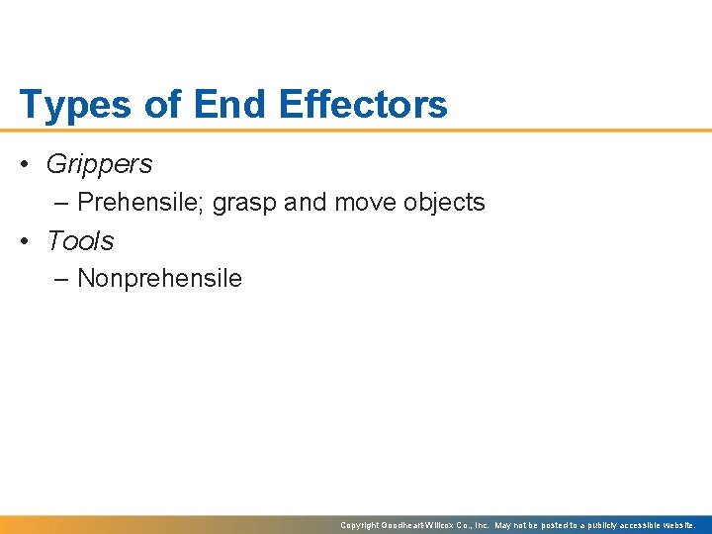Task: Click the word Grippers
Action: tap(100, 165)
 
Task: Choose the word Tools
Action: tap(80, 241)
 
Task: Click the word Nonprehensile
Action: tap(159, 279)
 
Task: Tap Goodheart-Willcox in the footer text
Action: tap(414, 525)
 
